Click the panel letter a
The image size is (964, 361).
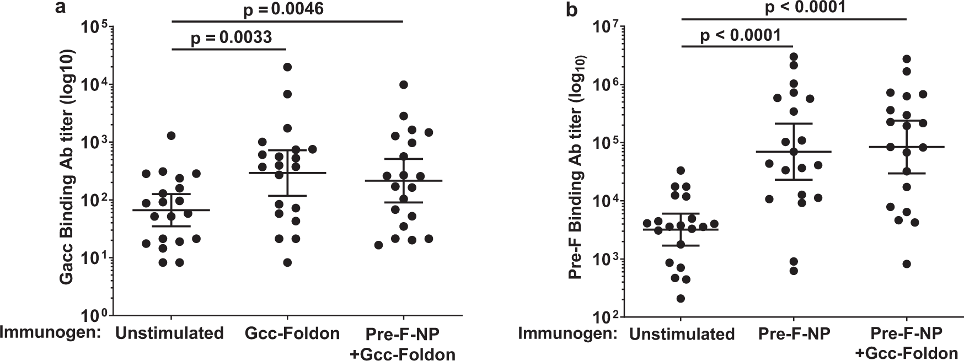point(64,9)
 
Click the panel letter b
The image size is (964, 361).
point(572,9)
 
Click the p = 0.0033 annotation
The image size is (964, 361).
point(232,37)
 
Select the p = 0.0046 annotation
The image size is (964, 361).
point(282,8)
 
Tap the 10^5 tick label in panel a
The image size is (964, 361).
point(97,28)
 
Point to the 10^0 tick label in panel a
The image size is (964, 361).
point(97,316)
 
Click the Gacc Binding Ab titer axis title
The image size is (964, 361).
point(67,168)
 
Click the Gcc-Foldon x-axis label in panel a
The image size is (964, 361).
point(292,333)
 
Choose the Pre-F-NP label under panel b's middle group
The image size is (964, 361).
point(794,333)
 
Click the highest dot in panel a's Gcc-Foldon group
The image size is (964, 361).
point(287,67)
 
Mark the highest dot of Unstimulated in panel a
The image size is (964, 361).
point(172,136)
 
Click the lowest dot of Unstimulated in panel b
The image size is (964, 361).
point(681,299)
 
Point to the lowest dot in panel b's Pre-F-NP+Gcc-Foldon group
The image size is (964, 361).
point(907,264)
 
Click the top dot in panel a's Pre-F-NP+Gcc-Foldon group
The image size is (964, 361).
point(404,85)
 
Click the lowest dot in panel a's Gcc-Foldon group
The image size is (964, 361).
point(287,262)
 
